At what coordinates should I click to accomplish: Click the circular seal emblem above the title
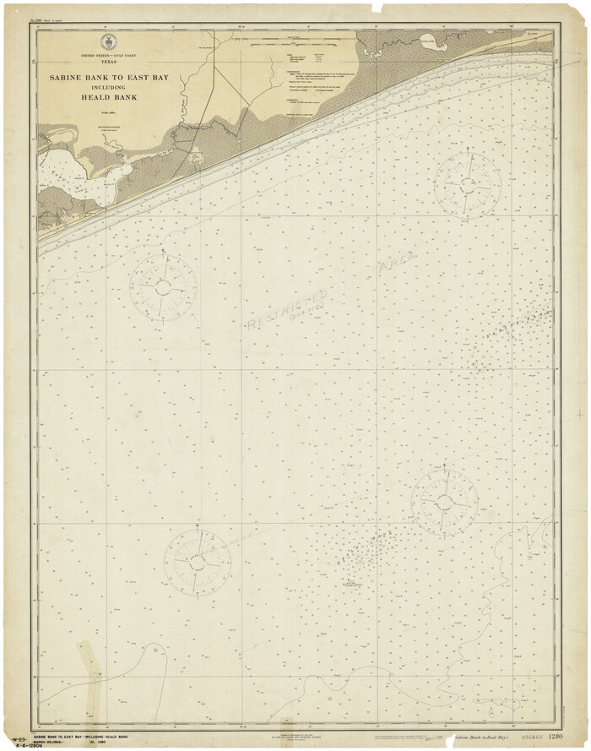[107, 42]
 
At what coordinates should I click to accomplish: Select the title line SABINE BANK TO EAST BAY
[108, 77]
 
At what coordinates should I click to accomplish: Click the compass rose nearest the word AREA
[467, 184]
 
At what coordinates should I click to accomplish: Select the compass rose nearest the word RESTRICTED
[163, 287]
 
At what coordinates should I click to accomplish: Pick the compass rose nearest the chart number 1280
[444, 503]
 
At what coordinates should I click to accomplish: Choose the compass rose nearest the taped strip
[197, 562]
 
